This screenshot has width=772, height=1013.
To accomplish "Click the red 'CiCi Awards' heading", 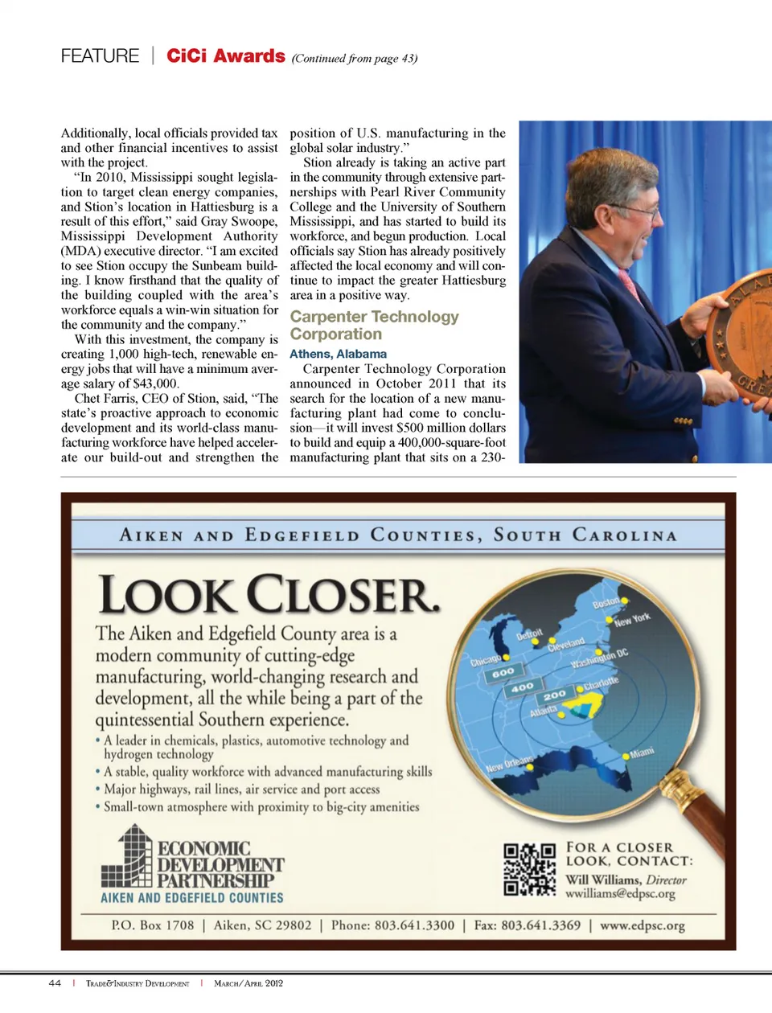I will coord(225,55).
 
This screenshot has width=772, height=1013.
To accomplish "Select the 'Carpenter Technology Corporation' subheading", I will coord(374,326).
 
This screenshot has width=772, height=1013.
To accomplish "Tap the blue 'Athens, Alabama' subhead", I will coord(338,354).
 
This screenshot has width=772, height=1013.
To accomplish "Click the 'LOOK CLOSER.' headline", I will coord(269,595).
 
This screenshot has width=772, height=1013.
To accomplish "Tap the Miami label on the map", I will coord(642,753).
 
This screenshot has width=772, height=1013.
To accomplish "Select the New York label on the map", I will coord(632,620).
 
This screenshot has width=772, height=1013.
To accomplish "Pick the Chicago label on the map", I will coord(486,661).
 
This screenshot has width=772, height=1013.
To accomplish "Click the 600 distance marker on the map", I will coord(503,673).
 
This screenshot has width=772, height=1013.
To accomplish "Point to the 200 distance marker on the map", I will coord(554,695).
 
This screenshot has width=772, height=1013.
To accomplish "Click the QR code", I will coord(529,869).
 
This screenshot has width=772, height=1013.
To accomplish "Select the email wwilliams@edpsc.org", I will coord(620,894).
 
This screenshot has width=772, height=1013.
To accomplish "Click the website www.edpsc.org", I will coord(643,925).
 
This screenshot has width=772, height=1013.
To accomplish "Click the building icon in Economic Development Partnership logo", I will coord(127,856).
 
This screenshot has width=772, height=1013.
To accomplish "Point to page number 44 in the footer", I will coord(55,983).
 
